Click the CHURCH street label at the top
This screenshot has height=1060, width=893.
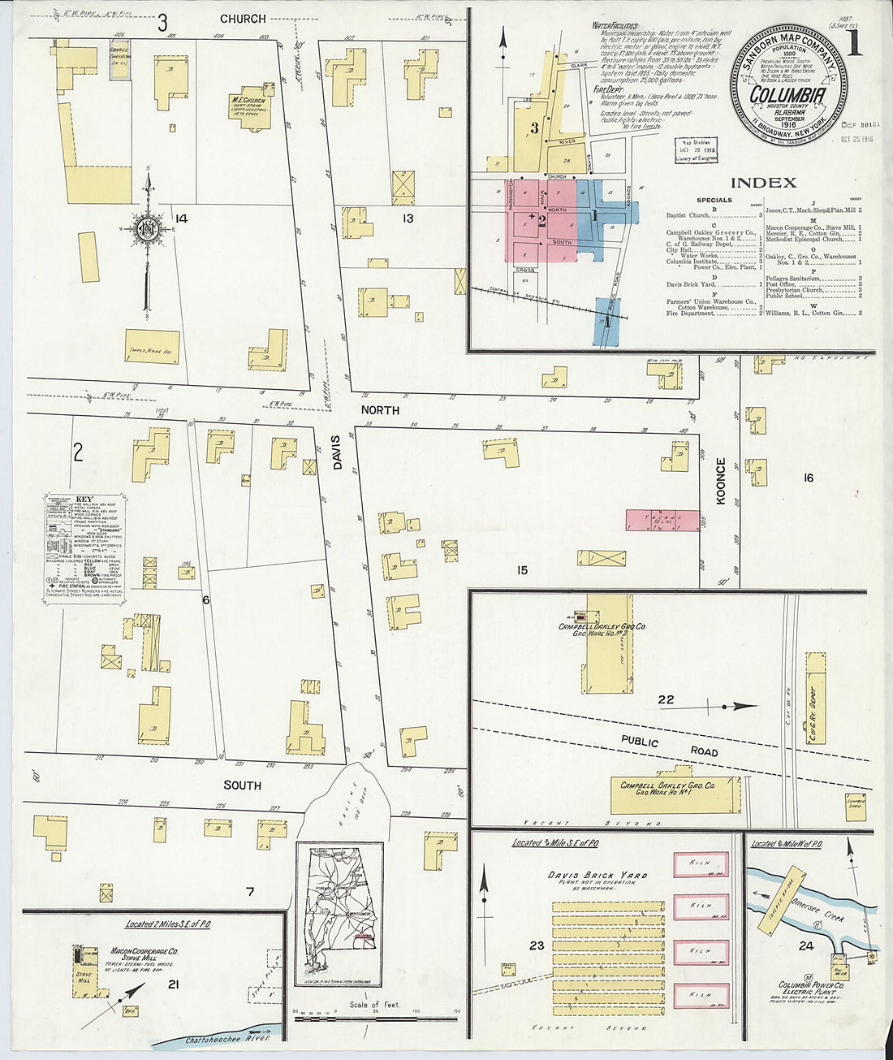click(242, 19)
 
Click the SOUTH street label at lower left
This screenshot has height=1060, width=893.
click(243, 785)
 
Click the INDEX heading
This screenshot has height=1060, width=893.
click(762, 183)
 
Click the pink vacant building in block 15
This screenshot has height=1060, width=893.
click(662, 520)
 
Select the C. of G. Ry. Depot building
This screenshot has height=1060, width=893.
click(815, 707)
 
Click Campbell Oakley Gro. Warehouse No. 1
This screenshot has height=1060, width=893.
click(675, 793)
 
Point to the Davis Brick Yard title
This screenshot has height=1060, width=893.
click(597, 875)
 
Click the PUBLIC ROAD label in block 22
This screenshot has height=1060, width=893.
click(670, 746)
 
